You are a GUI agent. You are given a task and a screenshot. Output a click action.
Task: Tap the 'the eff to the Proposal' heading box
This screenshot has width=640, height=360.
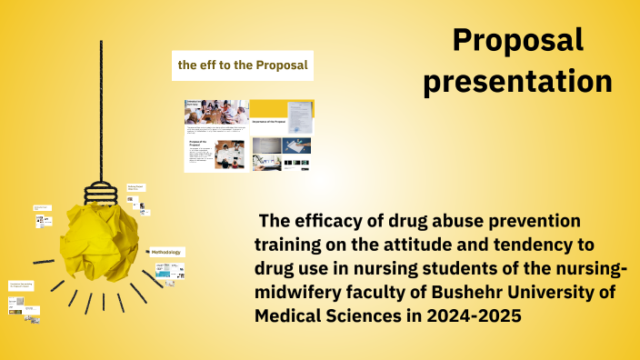(243, 65)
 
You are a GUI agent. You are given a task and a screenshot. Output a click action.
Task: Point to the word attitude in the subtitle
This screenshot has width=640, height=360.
(372, 245)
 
